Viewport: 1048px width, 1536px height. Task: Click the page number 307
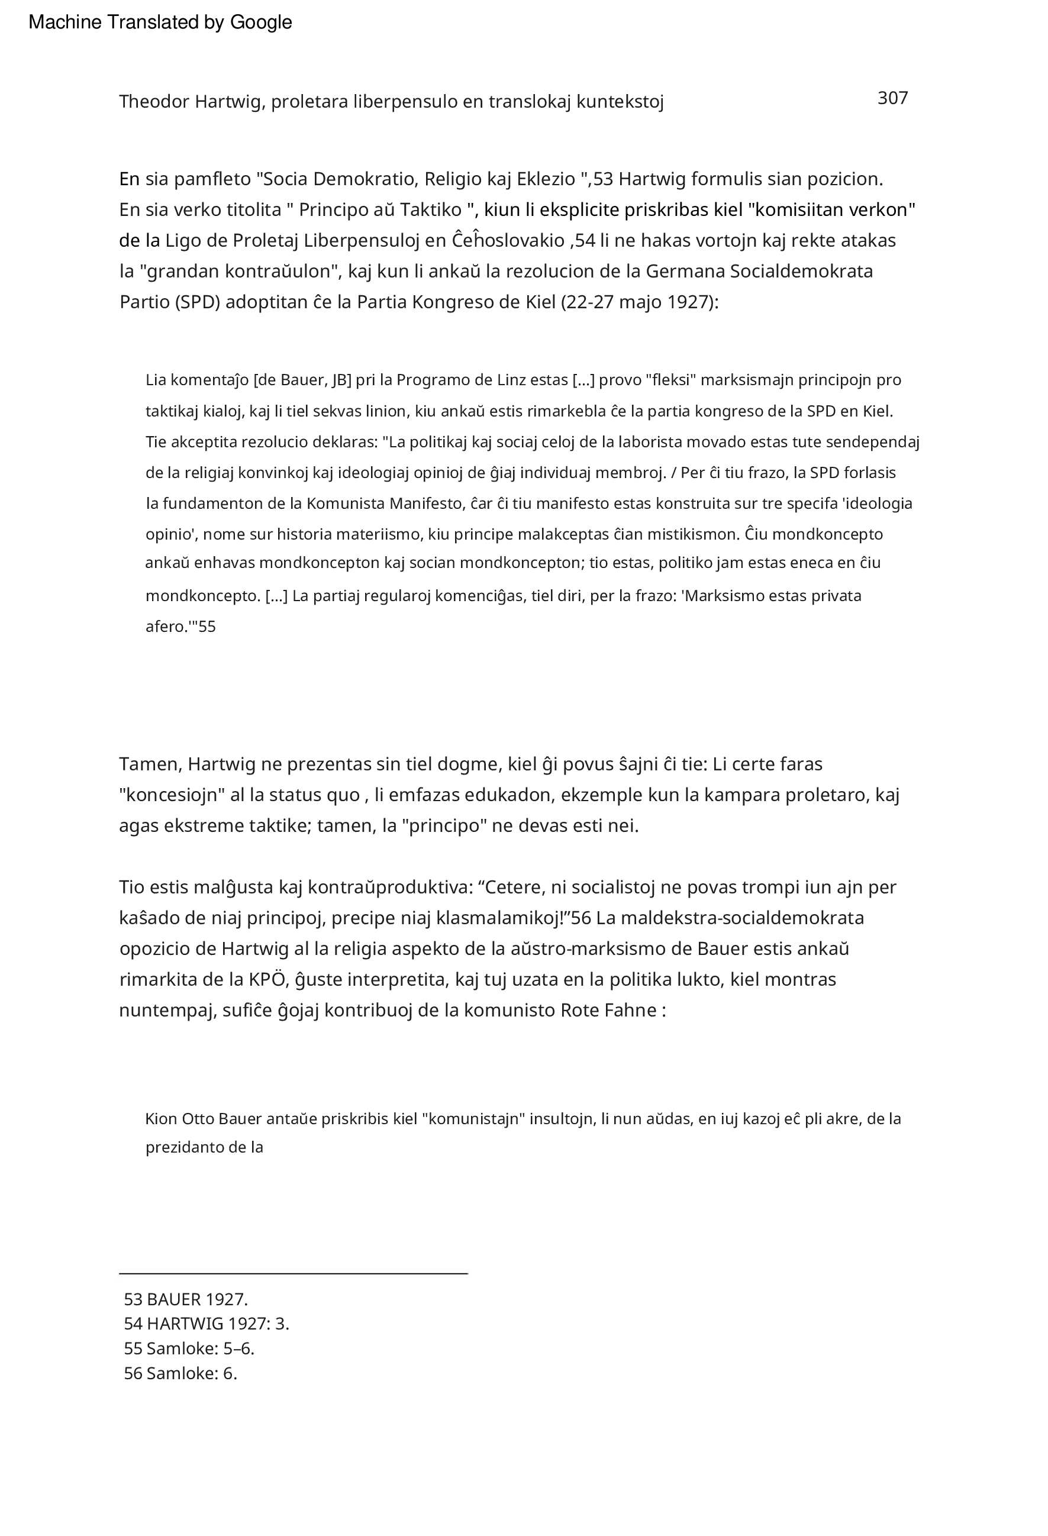pyautogui.click(x=892, y=98)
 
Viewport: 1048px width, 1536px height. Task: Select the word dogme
pyautogui.click(x=472, y=764)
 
